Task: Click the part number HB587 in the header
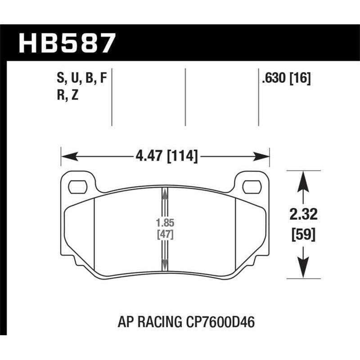click(x=67, y=44)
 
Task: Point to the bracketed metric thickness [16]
click(x=300, y=80)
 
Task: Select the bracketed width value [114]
click(x=182, y=157)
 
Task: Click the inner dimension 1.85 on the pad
click(x=165, y=222)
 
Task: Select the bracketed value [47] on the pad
click(x=165, y=234)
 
